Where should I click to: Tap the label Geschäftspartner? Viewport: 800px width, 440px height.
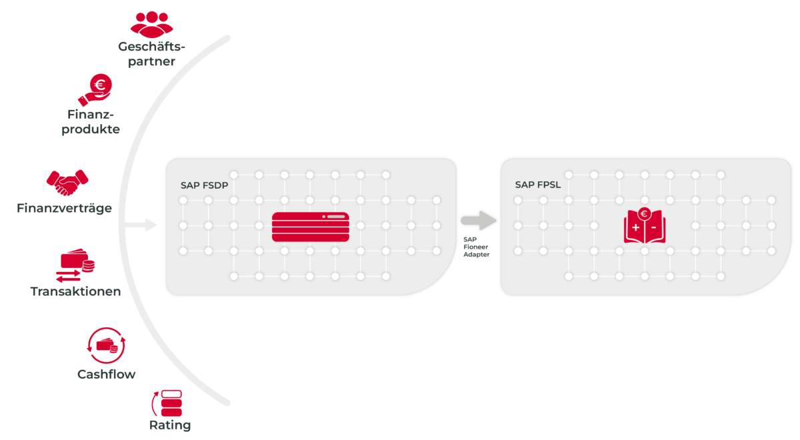coord(152,54)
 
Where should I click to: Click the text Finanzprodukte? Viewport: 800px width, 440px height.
coord(91,122)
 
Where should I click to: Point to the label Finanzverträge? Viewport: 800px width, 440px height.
coord(64,209)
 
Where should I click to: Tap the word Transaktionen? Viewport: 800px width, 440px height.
coord(75,291)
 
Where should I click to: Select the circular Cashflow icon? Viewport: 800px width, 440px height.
coord(107,345)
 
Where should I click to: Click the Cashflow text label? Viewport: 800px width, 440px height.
coord(107,374)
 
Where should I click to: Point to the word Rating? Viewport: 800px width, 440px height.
coord(170,425)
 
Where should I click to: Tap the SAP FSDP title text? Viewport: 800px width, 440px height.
coord(204,185)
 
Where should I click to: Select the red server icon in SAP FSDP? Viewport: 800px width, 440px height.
coord(310,227)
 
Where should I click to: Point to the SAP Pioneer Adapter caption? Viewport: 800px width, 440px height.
coord(476,246)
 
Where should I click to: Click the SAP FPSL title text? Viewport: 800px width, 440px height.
coord(538,185)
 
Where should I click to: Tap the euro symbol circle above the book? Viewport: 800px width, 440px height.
coord(644,214)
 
